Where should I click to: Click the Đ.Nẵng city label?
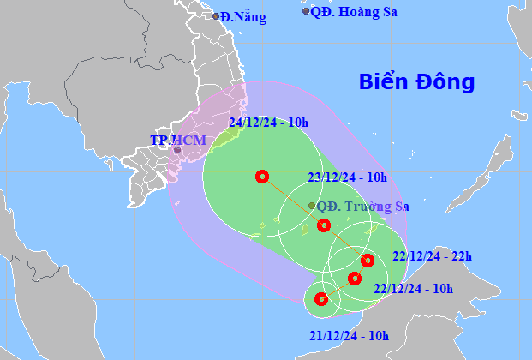click(243, 16)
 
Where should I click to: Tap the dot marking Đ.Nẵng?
click(216, 16)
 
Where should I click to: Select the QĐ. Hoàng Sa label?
click(353, 12)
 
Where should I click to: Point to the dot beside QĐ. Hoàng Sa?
click(306, 11)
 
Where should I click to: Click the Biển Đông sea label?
click(416, 82)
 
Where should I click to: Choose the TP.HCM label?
click(173, 140)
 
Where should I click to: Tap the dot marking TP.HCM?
click(177, 150)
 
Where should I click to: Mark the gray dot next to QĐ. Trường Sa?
click(311, 206)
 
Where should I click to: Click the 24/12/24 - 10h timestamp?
click(269, 123)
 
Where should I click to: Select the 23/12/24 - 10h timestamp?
click(348, 177)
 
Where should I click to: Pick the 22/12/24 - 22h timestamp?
click(433, 255)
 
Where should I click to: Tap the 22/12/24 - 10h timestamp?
click(414, 289)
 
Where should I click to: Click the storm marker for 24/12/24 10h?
click(262, 177)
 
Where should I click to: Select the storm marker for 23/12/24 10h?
click(323, 225)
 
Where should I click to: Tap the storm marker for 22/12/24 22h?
click(368, 260)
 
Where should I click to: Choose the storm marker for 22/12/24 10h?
click(355, 277)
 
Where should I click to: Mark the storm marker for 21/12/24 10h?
click(321, 299)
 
